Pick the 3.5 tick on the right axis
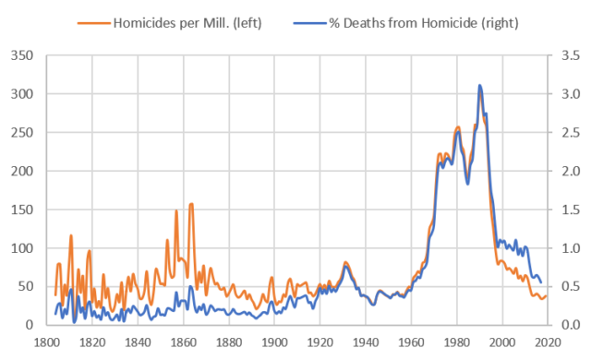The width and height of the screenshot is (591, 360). click(569, 55)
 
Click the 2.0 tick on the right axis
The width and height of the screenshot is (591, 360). click(569, 171)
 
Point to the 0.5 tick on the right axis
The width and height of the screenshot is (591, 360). click(569, 286)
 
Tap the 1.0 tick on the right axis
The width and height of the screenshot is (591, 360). click(569, 248)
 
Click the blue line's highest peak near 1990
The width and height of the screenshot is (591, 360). click(479, 85)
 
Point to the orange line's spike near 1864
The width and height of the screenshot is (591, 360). click(191, 203)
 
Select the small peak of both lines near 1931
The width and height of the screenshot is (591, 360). click(345, 264)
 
